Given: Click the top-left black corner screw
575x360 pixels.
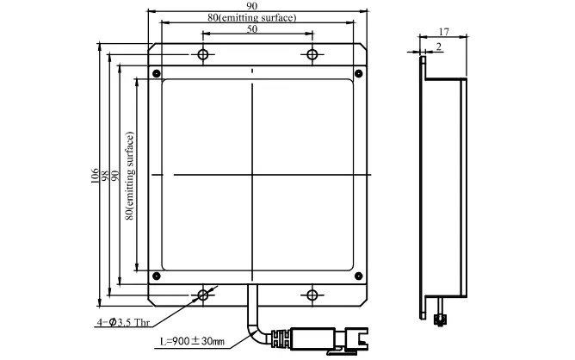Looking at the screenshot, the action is [156, 73].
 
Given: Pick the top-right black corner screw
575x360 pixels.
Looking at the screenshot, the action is [359, 73].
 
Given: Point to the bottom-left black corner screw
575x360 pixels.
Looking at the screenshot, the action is [156, 276].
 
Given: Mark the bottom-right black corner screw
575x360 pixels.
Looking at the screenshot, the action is [359, 276].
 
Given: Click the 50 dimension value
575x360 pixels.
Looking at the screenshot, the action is [252, 29].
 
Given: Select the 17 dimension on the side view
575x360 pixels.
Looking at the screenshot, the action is [443, 32].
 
